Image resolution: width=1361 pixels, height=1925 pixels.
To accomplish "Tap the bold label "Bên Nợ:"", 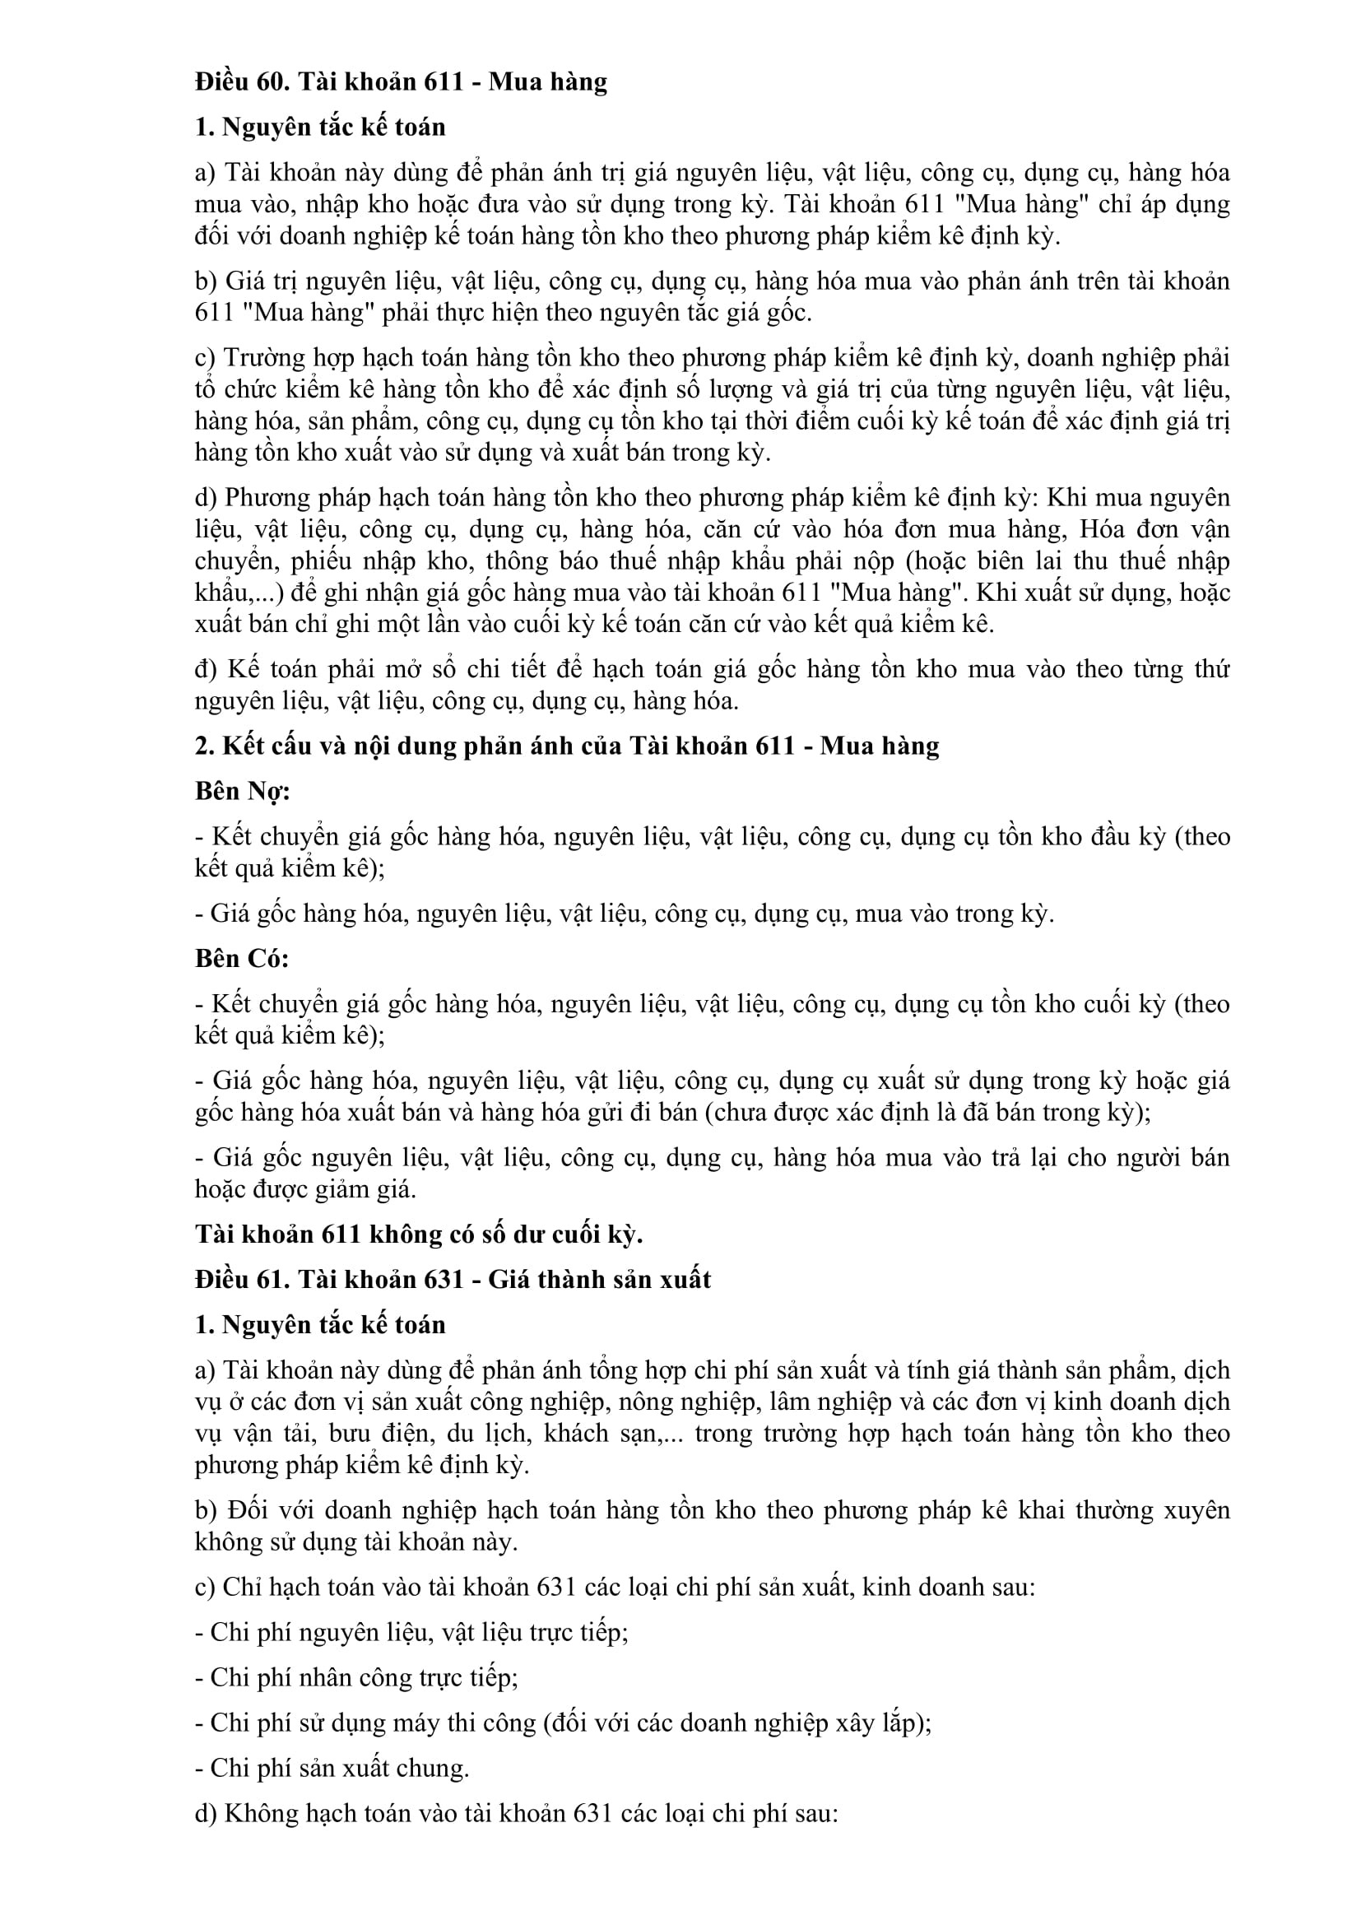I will tap(242, 792).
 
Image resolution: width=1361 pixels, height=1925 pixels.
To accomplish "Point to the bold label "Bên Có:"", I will tap(241, 958).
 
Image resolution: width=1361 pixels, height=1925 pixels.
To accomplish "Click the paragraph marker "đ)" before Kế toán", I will tap(206, 669).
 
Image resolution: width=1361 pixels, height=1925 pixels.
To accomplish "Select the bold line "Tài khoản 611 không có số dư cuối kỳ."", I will tap(419, 1235).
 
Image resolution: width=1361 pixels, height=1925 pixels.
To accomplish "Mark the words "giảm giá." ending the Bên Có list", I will tap(376, 1189).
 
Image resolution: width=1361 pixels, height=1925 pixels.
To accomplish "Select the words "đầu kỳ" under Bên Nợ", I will tap(1128, 837).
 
